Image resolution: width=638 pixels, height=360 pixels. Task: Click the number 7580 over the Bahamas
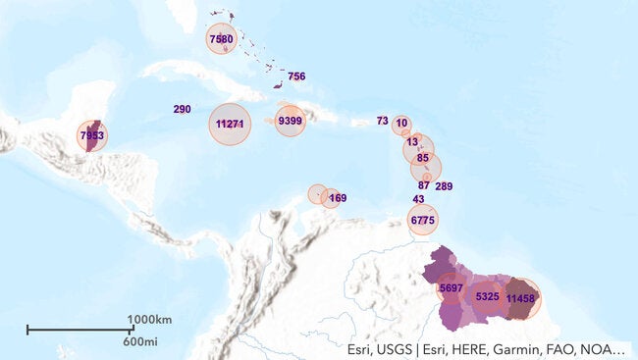click(x=222, y=39)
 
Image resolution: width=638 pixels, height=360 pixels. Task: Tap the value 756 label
click(x=296, y=77)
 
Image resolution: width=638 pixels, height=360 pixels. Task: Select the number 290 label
click(x=182, y=109)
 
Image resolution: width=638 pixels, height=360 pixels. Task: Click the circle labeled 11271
click(x=230, y=124)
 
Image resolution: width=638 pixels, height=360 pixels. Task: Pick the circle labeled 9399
click(x=290, y=121)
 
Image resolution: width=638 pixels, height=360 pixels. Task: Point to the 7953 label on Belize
click(x=91, y=135)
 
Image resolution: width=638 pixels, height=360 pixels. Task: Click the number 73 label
click(x=382, y=121)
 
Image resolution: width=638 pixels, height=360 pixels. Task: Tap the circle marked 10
click(x=401, y=124)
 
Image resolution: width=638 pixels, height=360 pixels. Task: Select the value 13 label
click(x=412, y=142)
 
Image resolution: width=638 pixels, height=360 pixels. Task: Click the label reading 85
click(x=422, y=158)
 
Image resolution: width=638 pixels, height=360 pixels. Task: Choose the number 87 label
click(x=424, y=185)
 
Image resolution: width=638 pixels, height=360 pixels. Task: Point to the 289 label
click(x=444, y=186)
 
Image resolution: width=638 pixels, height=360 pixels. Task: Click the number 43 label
click(x=418, y=200)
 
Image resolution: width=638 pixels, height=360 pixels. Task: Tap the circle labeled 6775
click(x=423, y=221)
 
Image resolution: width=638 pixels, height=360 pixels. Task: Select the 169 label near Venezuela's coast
click(x=338, y=198)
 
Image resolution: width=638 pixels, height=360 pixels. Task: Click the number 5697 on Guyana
click(x=452, y=288)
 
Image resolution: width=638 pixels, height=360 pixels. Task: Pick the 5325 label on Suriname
click(x=488, y=296)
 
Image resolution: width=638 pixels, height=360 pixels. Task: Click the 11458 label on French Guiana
click(x=520, y=298)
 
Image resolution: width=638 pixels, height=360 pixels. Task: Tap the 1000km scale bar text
click(x=149, y=320)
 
